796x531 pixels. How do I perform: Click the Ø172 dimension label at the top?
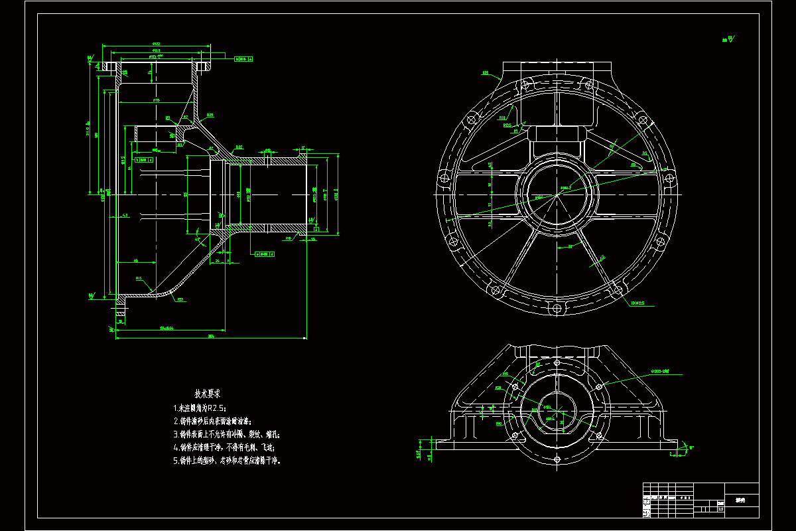coord(157,44)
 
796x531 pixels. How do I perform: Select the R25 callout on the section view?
coord(210,115)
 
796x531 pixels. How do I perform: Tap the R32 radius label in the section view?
coord(239,147)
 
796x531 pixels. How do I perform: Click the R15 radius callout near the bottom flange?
coord(139,279)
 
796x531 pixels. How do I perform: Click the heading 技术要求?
coord(208,393)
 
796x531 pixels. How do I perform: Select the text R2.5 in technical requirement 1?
coord(216,408)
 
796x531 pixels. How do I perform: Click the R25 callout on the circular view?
coord(485,73)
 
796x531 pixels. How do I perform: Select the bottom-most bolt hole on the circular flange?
coord(556,308)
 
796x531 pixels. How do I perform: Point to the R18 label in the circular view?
coord(502,117)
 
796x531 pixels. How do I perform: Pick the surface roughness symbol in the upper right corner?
coord(728,40)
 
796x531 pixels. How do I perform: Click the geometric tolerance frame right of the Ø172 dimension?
coord(244,58)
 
